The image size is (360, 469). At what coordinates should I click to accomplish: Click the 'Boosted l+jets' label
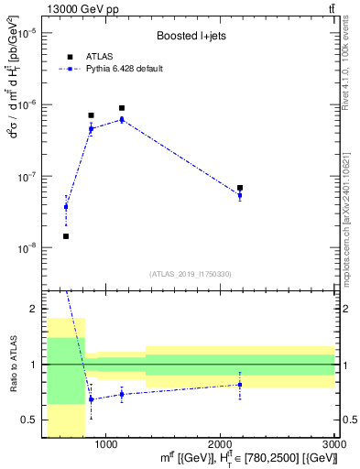(x=189, y=37)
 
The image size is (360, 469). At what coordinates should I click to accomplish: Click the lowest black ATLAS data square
(x=66, y=236)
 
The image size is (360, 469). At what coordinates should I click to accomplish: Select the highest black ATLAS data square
(x=121, y=108)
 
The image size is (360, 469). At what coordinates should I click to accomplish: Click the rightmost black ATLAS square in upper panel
(x=240, y=188)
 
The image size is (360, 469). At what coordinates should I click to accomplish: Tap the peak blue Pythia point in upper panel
(x=121, y=119)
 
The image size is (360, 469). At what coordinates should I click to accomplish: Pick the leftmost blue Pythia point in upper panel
(x=66, y=207)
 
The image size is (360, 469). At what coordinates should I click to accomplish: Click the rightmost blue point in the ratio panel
(x=240, y=384)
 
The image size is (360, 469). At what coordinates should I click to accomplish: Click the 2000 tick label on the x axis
(x=220, y=443)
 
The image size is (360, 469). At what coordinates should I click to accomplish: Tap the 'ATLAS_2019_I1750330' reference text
(x=191, y=274)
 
